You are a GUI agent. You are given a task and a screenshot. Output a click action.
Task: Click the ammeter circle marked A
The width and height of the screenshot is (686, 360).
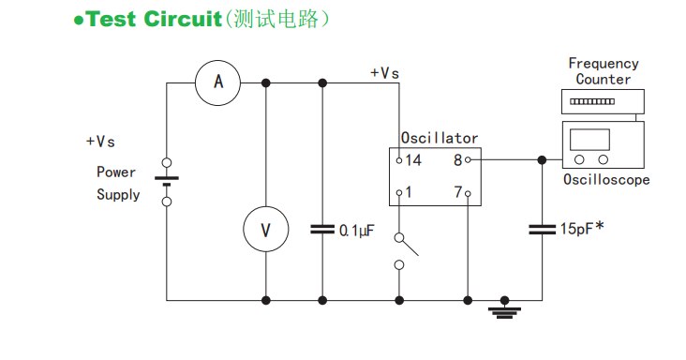(218, 83)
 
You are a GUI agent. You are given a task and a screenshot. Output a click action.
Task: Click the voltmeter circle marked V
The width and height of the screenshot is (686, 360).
(265, 230)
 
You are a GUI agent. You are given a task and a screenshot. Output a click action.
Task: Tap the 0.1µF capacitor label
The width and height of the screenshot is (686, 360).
(357, 230)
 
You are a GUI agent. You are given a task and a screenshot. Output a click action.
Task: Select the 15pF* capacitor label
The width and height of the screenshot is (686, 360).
(582, 228)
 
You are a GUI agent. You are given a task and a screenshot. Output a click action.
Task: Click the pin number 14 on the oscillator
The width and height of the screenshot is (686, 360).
(414, 160)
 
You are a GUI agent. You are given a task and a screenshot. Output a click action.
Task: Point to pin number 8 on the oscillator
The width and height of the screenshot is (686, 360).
(458, 160)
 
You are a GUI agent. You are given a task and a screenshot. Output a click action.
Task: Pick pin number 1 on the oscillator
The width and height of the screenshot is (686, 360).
(410, 192)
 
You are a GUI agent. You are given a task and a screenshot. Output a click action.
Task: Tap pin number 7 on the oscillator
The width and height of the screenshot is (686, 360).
(458, 192)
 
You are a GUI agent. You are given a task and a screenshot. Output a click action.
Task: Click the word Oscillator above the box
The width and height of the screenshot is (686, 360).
(440, 138)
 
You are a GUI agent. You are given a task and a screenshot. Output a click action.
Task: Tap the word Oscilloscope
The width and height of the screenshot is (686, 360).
(606, 180)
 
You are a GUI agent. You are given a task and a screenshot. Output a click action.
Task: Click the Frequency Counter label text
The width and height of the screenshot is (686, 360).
(604, 71)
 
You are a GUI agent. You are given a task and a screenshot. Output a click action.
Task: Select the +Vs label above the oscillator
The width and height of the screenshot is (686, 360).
(384, 72)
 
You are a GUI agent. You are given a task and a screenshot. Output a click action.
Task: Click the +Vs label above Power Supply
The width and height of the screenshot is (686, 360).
(100, 142)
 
